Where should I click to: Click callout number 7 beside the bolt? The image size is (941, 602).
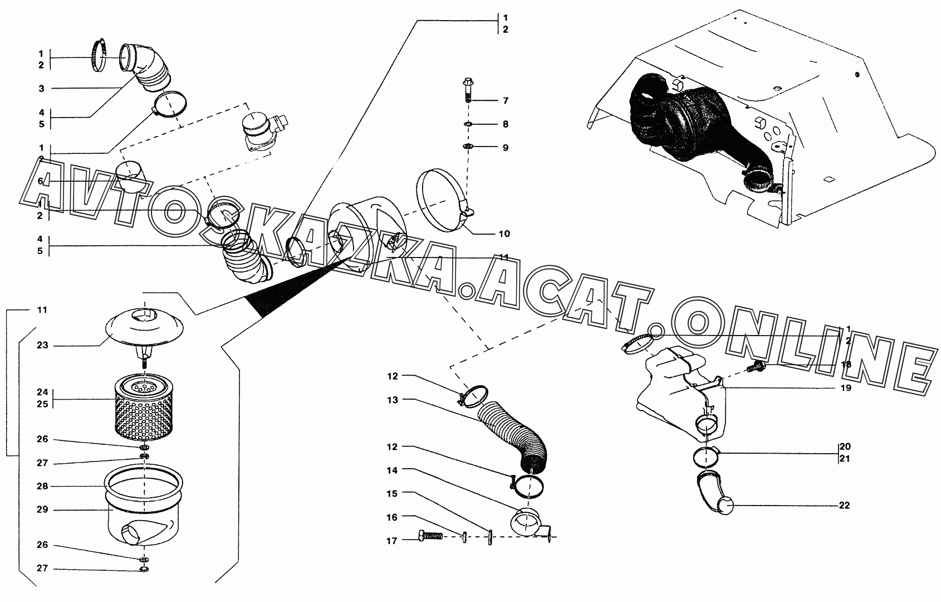506,100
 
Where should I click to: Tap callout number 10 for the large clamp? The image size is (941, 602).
504,234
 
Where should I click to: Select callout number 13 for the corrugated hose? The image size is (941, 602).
393,400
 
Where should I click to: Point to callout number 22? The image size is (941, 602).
844,505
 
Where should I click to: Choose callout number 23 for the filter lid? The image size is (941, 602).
42,346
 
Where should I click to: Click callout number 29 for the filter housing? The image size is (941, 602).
42,509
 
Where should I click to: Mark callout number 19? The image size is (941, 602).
845,387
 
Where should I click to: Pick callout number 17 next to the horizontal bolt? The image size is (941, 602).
391,541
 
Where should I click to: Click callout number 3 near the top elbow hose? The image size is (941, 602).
41,89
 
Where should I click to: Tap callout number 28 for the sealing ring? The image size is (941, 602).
42,486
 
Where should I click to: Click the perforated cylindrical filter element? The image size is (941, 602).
144,406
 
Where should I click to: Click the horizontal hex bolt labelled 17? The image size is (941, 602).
430,536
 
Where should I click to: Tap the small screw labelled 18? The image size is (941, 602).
756,366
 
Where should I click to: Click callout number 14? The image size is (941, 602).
392,470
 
